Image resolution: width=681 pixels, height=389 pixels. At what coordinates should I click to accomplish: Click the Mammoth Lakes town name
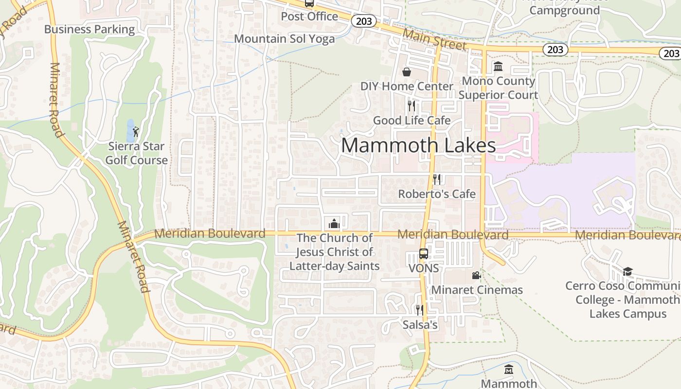[x=418, y=145]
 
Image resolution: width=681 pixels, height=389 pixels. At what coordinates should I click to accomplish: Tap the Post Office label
[x=309, y=17]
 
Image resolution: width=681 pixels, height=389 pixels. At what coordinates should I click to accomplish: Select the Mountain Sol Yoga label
[x=285, y=39]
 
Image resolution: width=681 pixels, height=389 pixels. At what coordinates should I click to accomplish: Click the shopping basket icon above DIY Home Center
[x=407, y=72]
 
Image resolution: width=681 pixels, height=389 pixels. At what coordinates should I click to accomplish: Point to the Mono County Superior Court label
[x=498, y=88]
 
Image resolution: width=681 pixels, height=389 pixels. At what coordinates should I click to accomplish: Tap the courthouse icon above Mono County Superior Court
[x=498, y=66]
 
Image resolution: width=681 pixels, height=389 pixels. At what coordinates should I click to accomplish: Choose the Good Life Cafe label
[x=412, y=121]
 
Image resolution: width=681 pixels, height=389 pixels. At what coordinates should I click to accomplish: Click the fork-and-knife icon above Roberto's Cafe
[x=437, y=179]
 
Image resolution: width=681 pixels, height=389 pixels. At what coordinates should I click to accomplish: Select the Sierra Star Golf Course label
[x=137, y=153]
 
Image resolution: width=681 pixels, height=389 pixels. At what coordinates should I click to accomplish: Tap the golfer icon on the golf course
[x=136, y=131]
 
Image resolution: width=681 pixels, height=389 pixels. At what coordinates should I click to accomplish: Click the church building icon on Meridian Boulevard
[x=334, y=224]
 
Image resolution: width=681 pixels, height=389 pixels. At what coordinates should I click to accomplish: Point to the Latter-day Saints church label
[x=335, y=252]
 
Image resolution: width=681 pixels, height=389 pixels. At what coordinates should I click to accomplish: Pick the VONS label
[x=424, y=268]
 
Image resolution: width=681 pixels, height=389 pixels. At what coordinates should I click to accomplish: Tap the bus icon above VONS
[x=424, y=253]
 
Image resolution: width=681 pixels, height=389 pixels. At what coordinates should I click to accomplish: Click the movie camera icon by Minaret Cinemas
[x=476, y=276]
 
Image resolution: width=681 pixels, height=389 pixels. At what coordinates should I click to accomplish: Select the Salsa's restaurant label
[x=420, y=325]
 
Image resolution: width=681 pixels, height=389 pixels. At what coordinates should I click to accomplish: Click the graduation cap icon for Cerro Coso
[x=627, y=271]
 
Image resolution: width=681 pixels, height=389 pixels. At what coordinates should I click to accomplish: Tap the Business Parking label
[x=90, y=29]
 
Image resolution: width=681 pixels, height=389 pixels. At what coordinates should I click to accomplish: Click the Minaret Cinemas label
[x=477, y=290]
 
